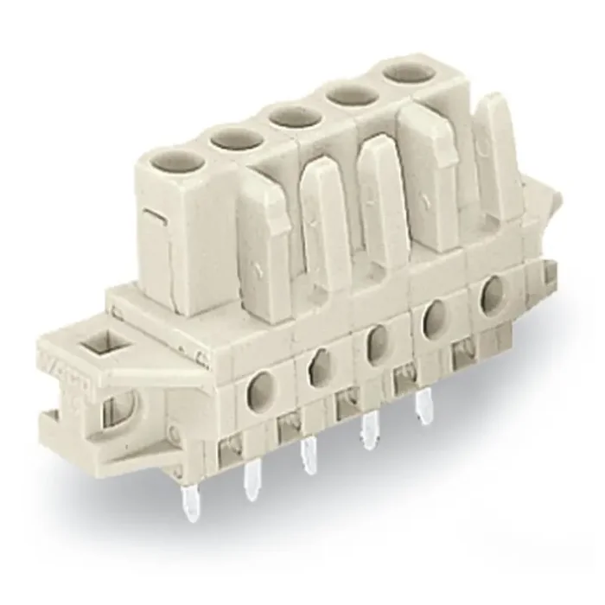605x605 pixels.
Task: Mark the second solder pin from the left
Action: click(253, 479)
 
